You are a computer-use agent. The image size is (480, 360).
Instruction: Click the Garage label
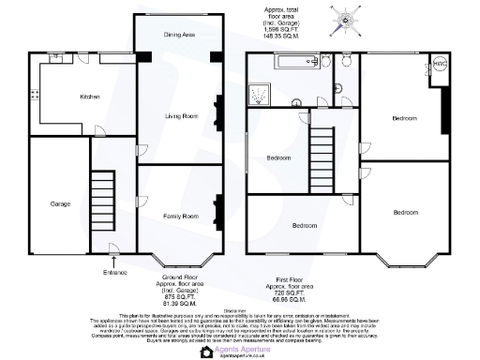(x=48, y=203)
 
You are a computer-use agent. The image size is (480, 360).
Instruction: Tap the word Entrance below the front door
(x=114, y=272)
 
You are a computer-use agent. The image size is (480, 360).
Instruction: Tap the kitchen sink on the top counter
(x=57, y=58)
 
